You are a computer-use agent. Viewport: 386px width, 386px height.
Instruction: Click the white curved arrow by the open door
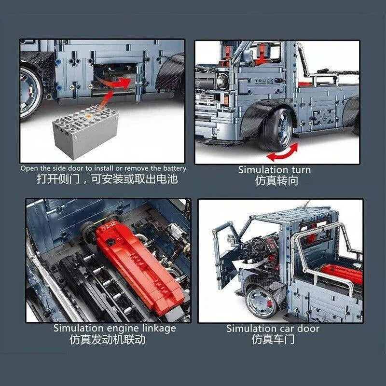[x=248, y=264]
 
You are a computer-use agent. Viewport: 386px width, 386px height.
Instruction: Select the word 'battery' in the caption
[x=175, y=168]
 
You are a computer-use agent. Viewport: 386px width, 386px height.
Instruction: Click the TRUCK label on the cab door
[x=264, y=81]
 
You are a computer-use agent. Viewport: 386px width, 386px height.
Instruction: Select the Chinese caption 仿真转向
[x=276, y=180]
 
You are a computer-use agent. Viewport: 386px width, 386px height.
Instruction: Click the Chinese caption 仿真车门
[x=273, y=340]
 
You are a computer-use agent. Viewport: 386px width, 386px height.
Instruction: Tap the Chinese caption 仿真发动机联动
[x=107, y=340]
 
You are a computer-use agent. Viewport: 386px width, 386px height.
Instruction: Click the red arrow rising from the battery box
[x=107, y=99]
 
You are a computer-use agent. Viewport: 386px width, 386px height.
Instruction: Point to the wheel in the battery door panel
[x=29, y=92]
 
